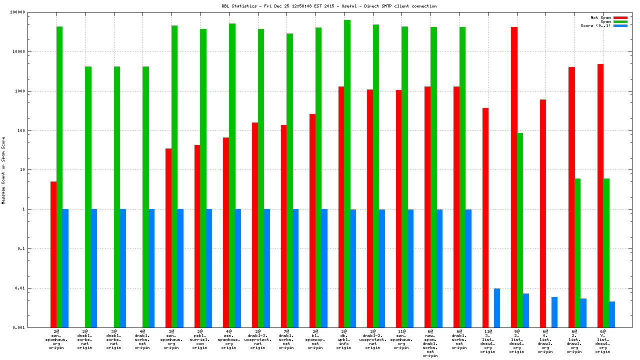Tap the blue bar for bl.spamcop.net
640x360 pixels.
(324, 268)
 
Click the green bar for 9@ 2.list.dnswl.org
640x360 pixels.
(520, 230)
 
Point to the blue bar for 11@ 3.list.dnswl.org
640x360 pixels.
(497, 308)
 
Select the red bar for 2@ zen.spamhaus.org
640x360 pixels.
(53, 254)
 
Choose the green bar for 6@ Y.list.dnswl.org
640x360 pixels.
(606, 253)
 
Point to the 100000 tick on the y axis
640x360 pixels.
(32, 12)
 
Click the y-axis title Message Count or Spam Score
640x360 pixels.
(3, 170)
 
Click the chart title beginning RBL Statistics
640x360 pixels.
(329, 6)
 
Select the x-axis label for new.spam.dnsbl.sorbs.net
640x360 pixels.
(430, 343)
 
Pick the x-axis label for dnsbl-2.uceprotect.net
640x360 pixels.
(373, 339)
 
